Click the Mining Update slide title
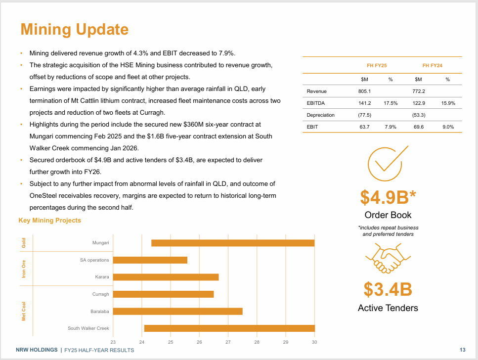pyautogui.click(x=74, y=29)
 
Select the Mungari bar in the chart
pyautogui.click(x=233, y=243)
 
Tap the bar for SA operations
pyautogui.click(x=150, y=260)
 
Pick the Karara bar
pyautogui.click(x=166, y=277)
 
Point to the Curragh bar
pyautogui.click(x=163, y=294)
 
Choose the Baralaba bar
pyautogui.click(x=177, y=311)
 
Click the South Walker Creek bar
pyautogui.click(x=229, y=328)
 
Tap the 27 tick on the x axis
pyautogui.click(x=228, y=342)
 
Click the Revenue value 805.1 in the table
pyautogui.click(x=364, y=91)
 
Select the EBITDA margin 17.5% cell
pyautogui.click(x=391, y=103)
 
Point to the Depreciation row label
pyautogui.click(x=320, y=115)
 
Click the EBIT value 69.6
pyautogui.click(x=418, y=127)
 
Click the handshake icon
pyautogui.click(x=388, y=259)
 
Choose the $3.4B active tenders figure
pyautogui.click(x=388, y=289)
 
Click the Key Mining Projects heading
pyautogui.click(x=49, y=221)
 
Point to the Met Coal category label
pyautogui.click(x=24, y=311)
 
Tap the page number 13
pyautogui.click(x=463, y=350)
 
